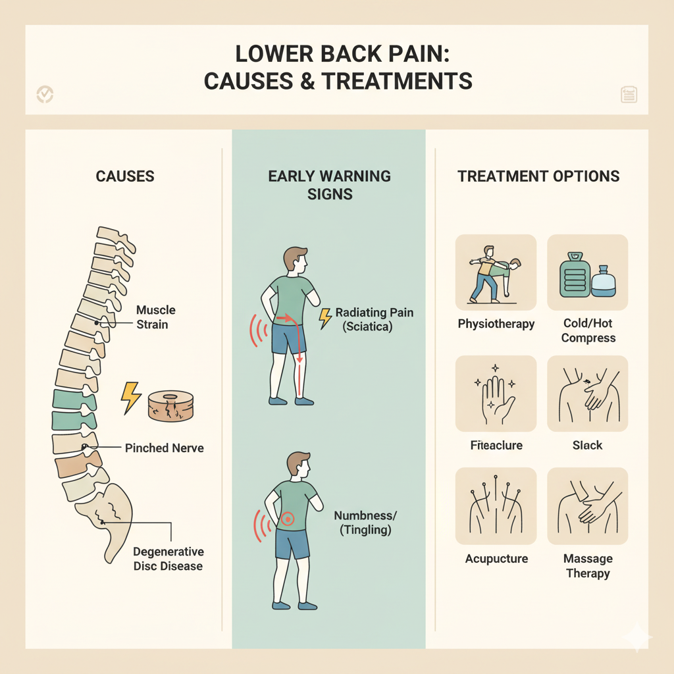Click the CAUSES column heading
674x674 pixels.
pos(125,176)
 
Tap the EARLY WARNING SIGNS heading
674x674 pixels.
pos(329,185)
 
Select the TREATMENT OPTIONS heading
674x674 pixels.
pos(538,176)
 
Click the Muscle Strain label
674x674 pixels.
pos(155,317)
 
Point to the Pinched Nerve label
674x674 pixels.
pos(164,448)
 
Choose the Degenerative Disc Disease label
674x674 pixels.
pos(168,559)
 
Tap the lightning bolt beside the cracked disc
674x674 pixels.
pos(131,398)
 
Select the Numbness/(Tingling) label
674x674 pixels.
pos(362,523)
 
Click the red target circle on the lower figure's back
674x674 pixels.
pos(286,519)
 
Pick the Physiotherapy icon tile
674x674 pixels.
pos(496,272)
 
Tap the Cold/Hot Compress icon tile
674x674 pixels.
pos(588,272)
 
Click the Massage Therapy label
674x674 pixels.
pos(588,566)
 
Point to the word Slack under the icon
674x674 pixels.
pos(588,446)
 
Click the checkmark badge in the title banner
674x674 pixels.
pos(45,94)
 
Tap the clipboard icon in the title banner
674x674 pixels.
pos(629,95)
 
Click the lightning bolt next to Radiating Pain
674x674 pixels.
pos(325,318)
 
